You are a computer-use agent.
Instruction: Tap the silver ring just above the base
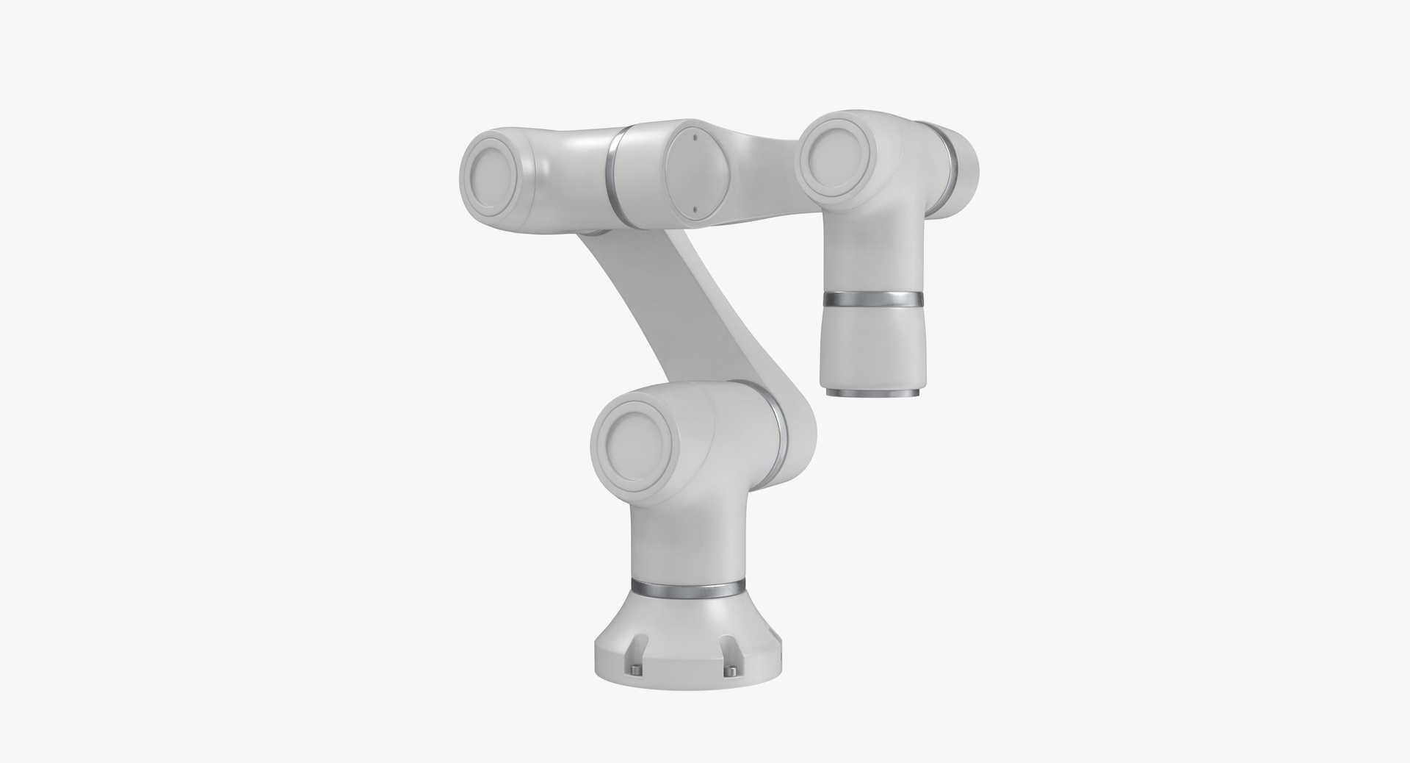click(688, 588)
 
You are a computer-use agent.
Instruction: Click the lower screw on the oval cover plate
click(693, 208)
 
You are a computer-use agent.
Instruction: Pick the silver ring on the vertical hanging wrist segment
click(872, 299)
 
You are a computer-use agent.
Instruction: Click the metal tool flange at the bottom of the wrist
click(872, 393)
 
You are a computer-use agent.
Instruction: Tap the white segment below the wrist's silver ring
click(872, 345)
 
